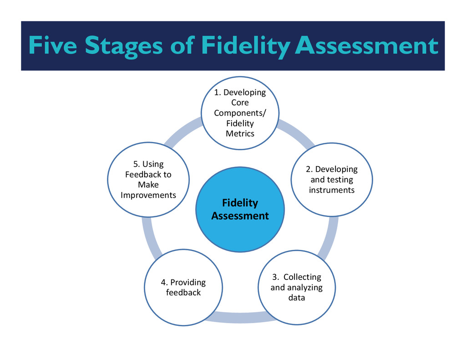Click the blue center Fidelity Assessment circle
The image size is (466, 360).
point(240,209)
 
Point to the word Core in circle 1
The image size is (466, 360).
point(240,102)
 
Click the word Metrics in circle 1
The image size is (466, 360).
point(240,133)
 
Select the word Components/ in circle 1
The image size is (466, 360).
point(240,113)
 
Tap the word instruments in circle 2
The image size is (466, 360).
point(331,190)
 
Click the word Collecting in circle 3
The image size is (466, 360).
point(302,277)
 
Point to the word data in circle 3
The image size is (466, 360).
point(296,298)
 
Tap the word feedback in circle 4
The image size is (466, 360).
point(183,293)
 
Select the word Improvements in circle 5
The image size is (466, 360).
point(148,195)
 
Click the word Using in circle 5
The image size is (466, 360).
point(154,164)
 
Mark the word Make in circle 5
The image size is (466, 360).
point(148,184)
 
